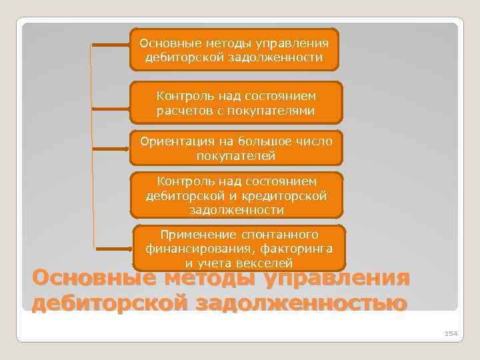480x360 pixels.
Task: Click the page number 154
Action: [451, 333]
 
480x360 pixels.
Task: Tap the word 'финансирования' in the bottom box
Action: [190, 249]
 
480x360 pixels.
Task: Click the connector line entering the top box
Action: [110, 45]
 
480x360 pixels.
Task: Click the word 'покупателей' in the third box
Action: [235, 155]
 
